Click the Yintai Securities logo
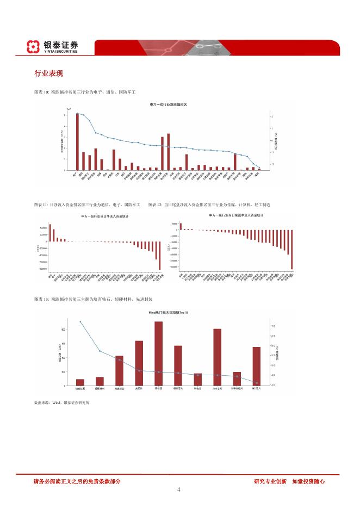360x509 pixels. click(53, 47)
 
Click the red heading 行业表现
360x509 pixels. click(48, 73)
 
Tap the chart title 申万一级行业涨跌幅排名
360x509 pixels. click(168, 104)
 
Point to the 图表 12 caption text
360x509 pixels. click(209, 204)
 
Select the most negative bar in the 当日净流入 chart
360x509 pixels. click(160, 256)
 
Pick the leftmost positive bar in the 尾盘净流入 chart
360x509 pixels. click(181, 226)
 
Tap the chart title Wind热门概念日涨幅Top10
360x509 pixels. click(168, 313)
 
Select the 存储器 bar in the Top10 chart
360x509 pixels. click(158, 353)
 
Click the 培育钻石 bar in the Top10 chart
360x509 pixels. click(80, 382)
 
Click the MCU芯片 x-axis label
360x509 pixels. click(256, 389)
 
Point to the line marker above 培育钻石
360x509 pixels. click(80, 321)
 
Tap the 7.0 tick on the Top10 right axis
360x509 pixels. click(273, 326)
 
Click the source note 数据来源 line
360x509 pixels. click(61, 403)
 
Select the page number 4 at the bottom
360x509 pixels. click(179, 489)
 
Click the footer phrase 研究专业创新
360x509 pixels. click(270, 481)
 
